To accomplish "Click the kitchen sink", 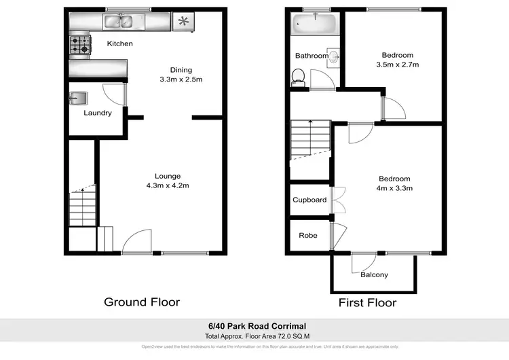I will (119, 22).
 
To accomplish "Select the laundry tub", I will (77, 98).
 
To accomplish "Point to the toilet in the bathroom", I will (297, 77).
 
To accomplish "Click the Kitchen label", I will (119, 44).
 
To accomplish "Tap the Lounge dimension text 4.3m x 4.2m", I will (167, 185).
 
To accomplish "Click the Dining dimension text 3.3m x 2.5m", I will (181, 79).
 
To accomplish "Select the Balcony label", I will (374, 274).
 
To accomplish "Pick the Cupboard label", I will (309, 200).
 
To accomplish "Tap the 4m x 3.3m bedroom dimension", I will (395, 188).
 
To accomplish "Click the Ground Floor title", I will (141, 302).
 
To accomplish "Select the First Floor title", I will (367, 302).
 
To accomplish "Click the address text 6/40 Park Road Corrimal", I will (254, 326).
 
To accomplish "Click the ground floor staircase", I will (81, 207).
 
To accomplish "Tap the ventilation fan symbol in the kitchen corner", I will (182, 22).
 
